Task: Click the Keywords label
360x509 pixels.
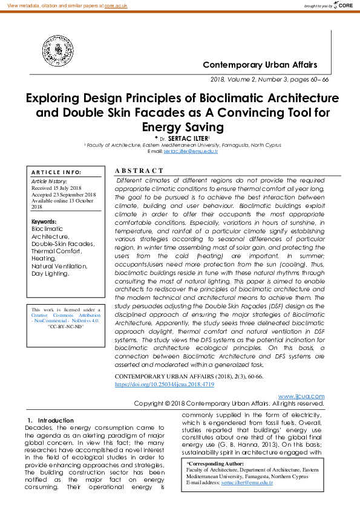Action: (44, 222)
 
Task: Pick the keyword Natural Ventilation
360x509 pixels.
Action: (59, 266)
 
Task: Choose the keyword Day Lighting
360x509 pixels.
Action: (50, 273)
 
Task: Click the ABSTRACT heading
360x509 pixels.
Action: (139, 171)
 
